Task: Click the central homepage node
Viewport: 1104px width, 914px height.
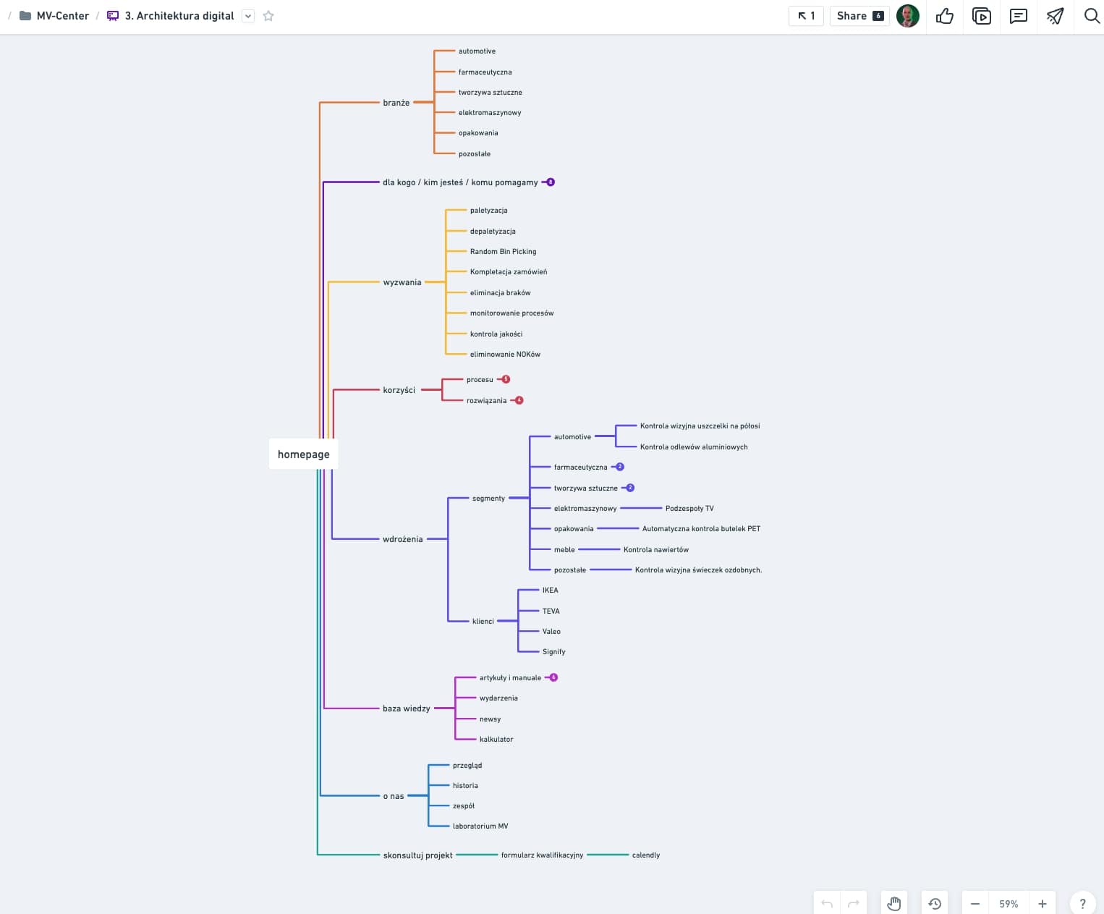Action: click(x=304, y=454)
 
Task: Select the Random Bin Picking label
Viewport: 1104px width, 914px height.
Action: click(x=503, y=252)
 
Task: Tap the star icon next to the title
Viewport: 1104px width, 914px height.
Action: click(x=268, y=16)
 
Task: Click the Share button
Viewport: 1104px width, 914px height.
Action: click(x=859, y=16)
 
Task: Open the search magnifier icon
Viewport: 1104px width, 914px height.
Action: click(x=1091, y=16)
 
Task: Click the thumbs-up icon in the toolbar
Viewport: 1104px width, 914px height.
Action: click(x=944, y=16)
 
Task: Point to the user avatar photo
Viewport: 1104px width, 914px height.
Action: click(x=908, y=16)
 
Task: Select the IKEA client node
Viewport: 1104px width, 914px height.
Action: click(x=550, y=591)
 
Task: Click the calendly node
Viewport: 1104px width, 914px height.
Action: click(x=645, y=855)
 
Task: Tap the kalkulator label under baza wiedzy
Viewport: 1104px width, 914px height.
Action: click(x=496, y=740)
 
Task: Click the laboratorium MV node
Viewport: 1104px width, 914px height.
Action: click(x=480, y=826)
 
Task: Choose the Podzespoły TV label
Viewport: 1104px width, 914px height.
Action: click(x=689, y=508)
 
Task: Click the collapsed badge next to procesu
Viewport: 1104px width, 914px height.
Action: click(x=506, y=379)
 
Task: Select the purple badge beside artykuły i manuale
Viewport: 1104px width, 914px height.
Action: click(x=553, y=677)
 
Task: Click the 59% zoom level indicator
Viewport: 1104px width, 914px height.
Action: click(x=1009, y=904)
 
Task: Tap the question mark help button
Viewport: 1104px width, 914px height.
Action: click(x=1082, y=904)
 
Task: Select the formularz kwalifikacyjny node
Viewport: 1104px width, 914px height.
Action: click(x=542, y=855)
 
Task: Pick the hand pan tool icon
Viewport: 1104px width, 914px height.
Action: click(x=894, y=904)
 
